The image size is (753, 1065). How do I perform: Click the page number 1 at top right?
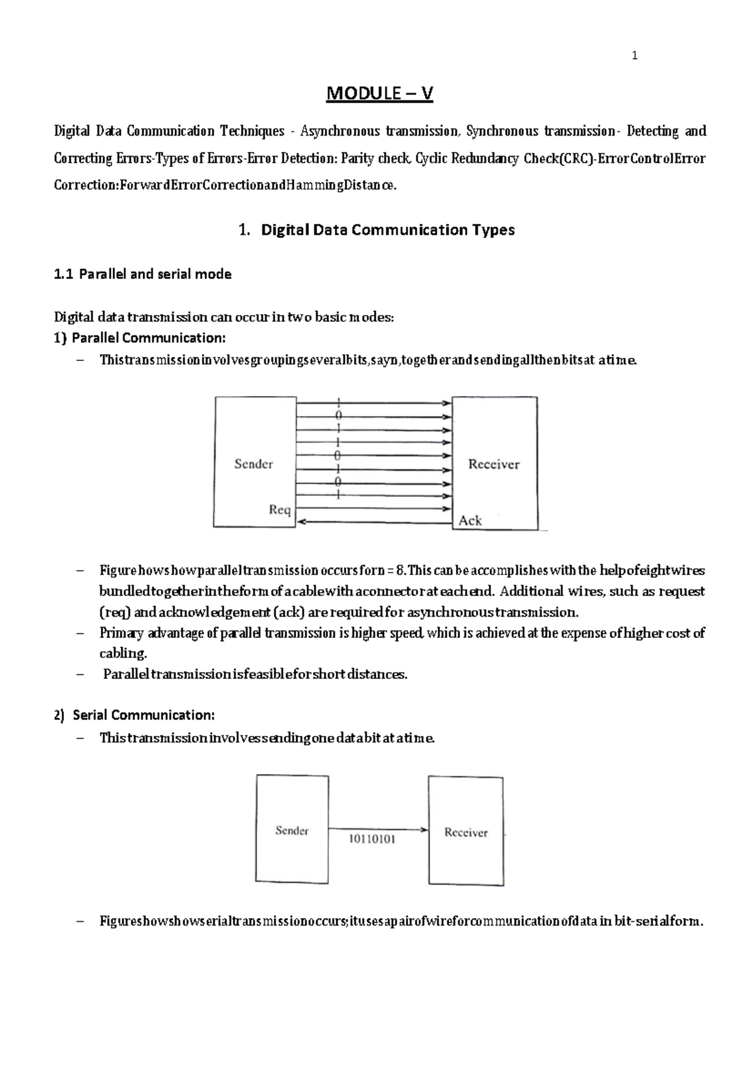[x=634, y=57]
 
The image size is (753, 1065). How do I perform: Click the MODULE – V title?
[x=379, y=94]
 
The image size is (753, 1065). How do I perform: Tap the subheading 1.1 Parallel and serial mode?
[x=142, y=274]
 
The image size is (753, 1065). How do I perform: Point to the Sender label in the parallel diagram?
[x=254, y=464]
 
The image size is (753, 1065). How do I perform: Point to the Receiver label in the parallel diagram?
[x=494, y=465]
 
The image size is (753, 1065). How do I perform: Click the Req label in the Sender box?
[x=280, y=509]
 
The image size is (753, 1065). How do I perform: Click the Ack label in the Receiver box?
[x=470, y=521]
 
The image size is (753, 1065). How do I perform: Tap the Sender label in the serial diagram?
[x=292, y=831]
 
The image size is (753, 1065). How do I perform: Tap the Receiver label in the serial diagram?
[x=466, y=833]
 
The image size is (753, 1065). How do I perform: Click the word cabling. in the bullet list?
[x=123, y=654]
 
